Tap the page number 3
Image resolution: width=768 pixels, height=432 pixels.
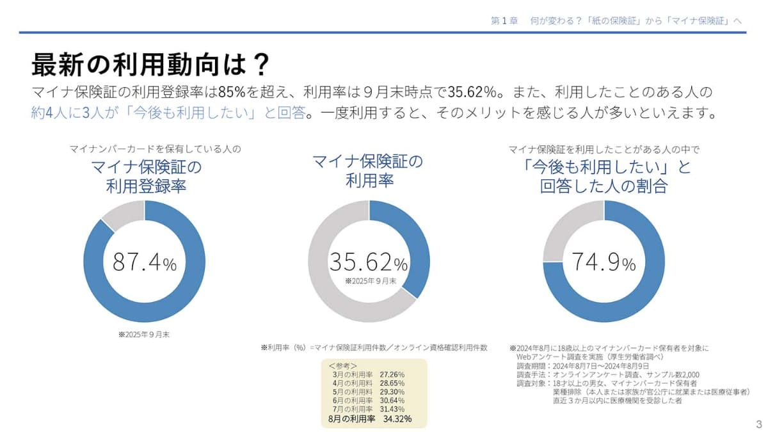pyautogui.click(x=759, y=424)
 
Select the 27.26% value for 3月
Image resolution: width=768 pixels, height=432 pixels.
pyautogui.click(x=392, y=373)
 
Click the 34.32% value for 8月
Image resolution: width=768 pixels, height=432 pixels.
pyautogui.click(x=397, y=419)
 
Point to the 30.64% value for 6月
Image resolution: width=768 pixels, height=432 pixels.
pyautogui.click(x=392, y=400)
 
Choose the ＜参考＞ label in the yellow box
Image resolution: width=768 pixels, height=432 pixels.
pyautogui.click(x=346, y=365)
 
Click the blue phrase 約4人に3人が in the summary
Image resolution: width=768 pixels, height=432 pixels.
pyautogui.click(x=74, y=113)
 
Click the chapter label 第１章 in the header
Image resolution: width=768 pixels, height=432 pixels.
pyautogui.click(x=504, y=20)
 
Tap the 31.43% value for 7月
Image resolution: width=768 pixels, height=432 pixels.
pyautogui.click(x=392, y=409)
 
